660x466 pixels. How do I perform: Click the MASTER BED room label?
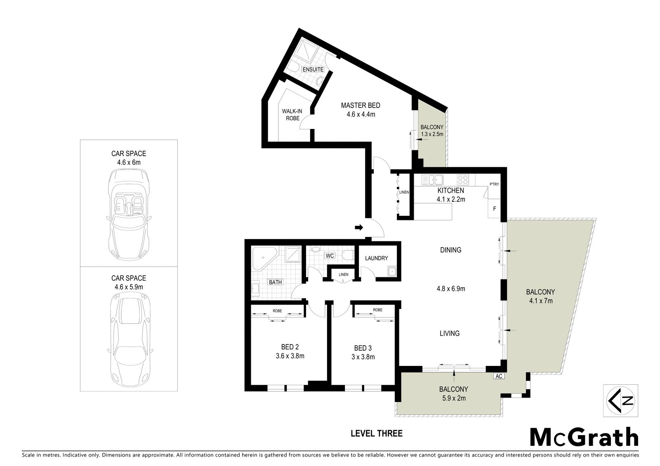(x=361, y=105)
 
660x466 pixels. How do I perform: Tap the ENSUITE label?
(x=313, y=70)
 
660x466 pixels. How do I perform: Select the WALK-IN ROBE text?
(x=292, y=115)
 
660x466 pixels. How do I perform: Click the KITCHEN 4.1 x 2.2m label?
(x=451, y=195)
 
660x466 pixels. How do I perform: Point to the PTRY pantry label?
(x=494, y=184)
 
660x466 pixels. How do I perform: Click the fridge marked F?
(x=495, y=208)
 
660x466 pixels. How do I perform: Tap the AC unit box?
(x=499, y=376)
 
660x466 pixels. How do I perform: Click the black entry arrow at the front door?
(x=359, y=227)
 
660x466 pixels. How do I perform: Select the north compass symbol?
(x=620, y=400)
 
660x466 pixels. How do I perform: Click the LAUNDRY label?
(x=376, y=258)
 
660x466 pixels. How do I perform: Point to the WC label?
(x=330, y=255)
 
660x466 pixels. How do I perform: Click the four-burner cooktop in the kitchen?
(x=463, y=180)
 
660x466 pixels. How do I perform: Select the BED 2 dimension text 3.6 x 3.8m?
(x=290, y=356)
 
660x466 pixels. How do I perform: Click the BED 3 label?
(x=363, y=348)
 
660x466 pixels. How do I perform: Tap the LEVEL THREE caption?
(x=377, y=433)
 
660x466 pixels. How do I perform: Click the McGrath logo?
(x=584, y=438)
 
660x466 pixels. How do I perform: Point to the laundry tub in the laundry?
(x=392, y=272)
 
